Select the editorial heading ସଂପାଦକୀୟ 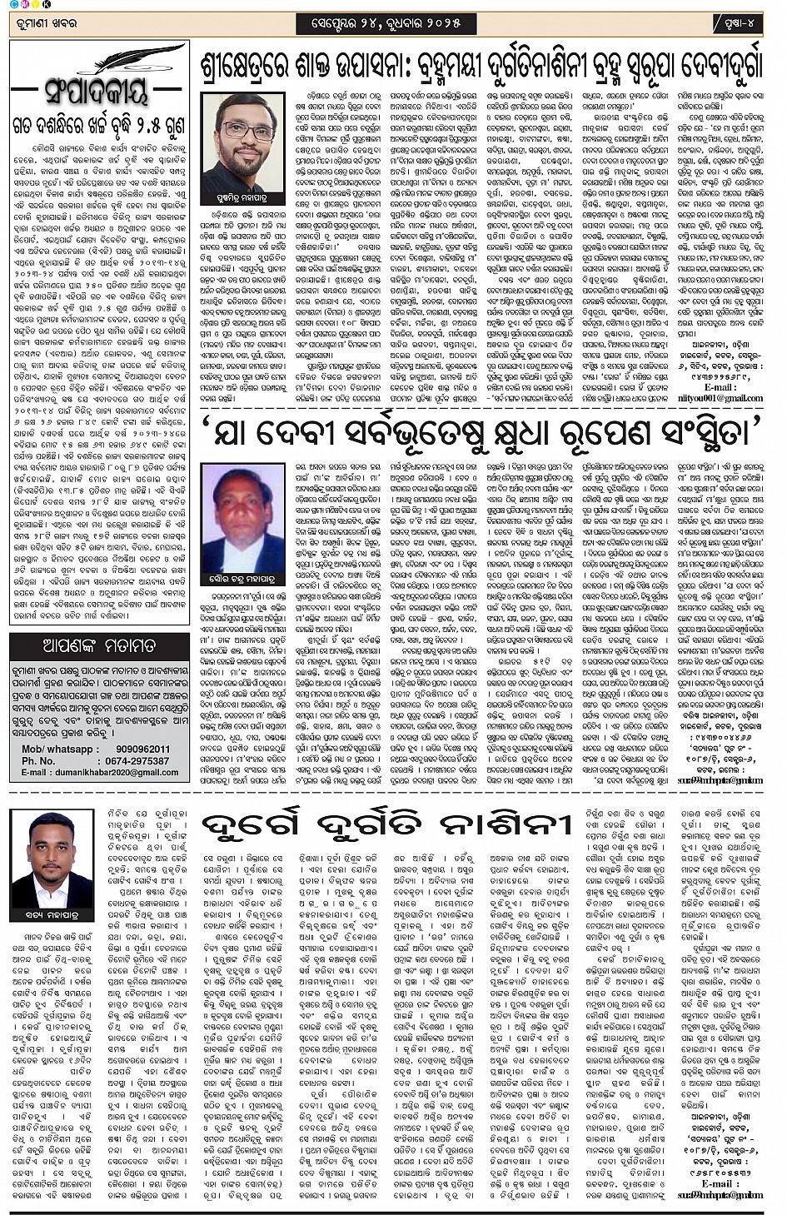(x=98, y=87)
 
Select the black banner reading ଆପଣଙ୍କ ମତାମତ (x=98, y=645)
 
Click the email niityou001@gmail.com (x=721, y=398)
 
